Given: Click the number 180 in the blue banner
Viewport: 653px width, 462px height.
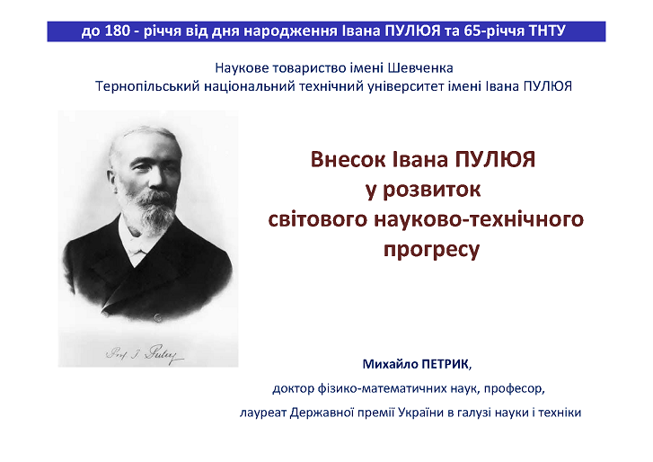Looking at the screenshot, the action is pos(117,31).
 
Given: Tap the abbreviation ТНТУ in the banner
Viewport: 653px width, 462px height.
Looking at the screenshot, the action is pos(547,31).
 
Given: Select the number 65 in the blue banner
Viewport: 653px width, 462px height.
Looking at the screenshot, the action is pos(472,31).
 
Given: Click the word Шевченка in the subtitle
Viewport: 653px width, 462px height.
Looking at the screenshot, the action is pos(420,68).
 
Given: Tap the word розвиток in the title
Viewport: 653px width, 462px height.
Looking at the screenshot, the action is pos(431,190).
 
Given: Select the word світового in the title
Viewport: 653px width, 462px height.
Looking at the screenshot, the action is pos(318,219).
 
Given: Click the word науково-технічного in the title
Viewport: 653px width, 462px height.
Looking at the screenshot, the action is pos(479,219).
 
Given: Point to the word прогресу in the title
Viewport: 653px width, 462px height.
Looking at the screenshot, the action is pos(431,250).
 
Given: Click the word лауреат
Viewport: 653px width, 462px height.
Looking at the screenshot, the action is pos(263,413).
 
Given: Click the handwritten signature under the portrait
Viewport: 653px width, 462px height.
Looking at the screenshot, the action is pos(145,354).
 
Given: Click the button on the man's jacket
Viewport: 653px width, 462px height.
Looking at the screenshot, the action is pos(157,318).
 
